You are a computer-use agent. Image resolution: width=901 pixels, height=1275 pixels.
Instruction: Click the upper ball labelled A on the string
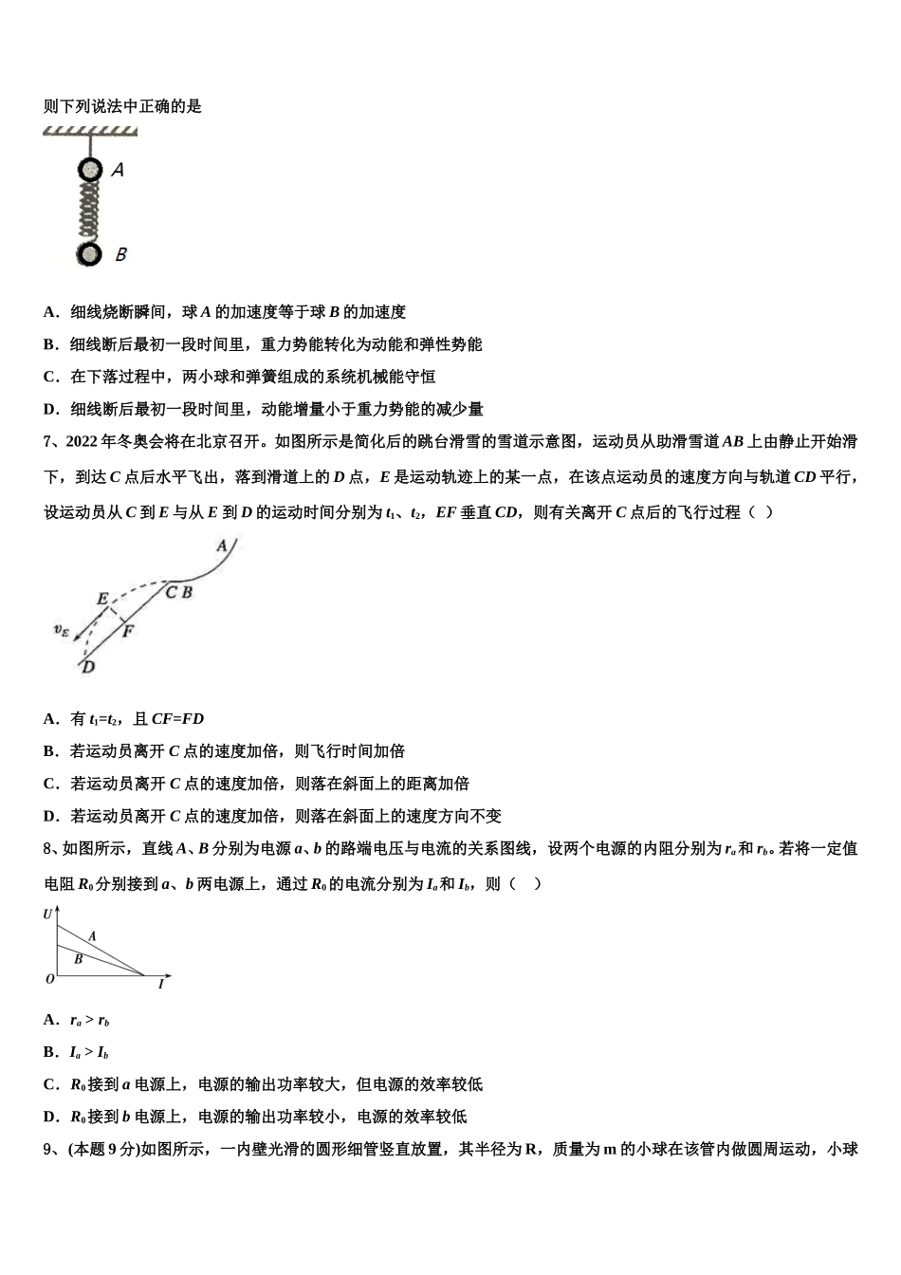[89, 170]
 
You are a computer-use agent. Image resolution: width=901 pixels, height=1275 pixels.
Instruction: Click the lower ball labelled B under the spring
[89, 254]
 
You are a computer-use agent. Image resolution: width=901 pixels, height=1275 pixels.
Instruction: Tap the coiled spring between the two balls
[89, 212]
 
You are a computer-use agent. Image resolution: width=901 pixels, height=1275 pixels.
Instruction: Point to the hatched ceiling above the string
[89, 131]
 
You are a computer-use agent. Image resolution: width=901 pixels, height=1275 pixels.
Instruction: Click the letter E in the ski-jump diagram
[102, 599]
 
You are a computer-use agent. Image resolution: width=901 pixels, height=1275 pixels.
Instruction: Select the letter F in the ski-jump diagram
[128, 631]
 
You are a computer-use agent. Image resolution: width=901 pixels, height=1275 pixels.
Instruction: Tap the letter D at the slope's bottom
[87, 667]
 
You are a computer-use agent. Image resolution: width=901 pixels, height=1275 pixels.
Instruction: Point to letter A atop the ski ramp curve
[221, 545]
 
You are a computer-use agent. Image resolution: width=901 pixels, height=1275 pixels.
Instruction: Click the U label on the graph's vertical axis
[47, 915]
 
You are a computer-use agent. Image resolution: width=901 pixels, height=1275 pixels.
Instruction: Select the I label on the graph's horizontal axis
[161, 985]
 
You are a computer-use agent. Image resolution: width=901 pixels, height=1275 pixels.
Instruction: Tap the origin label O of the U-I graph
[50, 979]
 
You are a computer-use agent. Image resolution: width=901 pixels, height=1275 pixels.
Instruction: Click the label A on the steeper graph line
[92, 936]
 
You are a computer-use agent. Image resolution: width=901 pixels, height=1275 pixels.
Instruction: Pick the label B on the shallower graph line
[78, 959]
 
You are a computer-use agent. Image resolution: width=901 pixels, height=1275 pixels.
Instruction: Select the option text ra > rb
[90, 1021]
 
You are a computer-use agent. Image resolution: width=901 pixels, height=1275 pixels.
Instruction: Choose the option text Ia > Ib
[89, 1052]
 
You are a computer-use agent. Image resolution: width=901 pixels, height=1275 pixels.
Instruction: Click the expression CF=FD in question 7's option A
[177, 719]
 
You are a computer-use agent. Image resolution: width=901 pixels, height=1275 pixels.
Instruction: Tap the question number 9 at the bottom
[48, 1149]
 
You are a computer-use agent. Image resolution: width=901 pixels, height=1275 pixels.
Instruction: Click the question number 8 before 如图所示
[48, 848]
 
